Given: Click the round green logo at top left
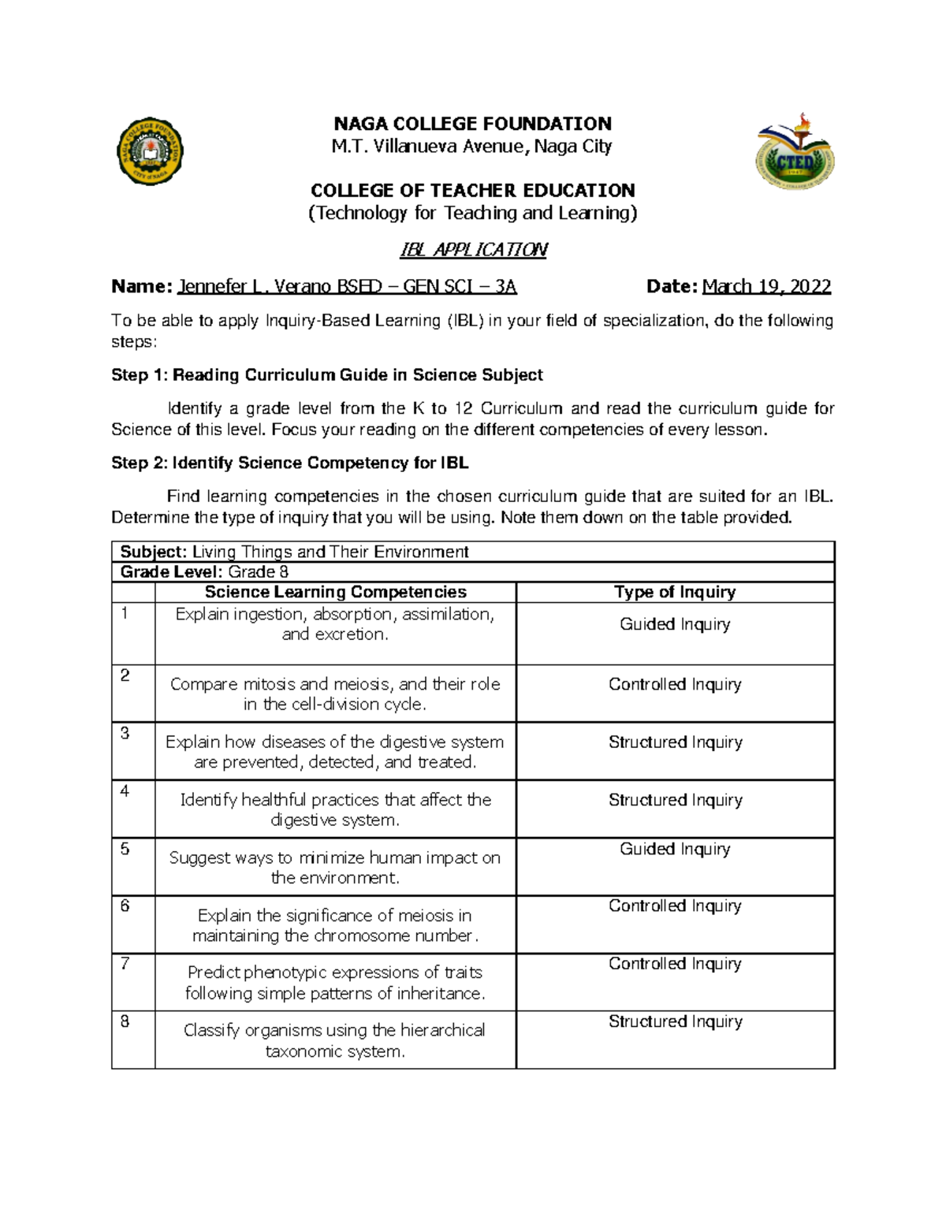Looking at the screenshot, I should pos(150,151).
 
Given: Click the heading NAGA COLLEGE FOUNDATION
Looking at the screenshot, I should pos(472,124).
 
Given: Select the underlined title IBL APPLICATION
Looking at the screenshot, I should pos(473,250).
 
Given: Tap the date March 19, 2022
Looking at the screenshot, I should pos(766,286).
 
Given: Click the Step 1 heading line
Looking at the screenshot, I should pos(326,375).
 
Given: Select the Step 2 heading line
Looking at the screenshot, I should pos(289,463).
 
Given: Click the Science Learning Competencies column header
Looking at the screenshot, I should pos(335,592).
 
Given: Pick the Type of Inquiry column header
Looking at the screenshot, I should pos(675,592).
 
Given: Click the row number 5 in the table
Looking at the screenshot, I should pos(125,849).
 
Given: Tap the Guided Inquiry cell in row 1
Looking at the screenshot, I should pos(675,624).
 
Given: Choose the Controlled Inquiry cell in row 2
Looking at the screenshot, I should pos(675,684).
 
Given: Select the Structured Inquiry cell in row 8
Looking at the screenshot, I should pos(675,1021).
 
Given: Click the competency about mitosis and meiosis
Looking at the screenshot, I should pos(335,694).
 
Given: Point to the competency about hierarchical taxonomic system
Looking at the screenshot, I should pos(335,1040).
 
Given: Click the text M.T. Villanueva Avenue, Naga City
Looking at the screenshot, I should pos(471,147).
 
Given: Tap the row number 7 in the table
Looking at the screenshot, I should pos(125,964).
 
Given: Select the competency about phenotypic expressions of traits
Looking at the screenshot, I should pos(335,983).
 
